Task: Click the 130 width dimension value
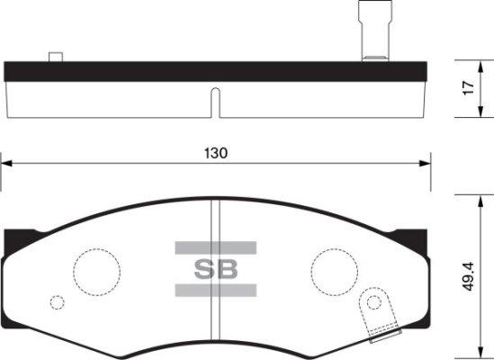click(x=216, y=153)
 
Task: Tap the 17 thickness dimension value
click(x=469, y=88)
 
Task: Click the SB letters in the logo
click(x=216, y=269)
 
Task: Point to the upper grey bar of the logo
click(x=216, y=247)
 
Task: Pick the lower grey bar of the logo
click(x=216, y=290)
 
